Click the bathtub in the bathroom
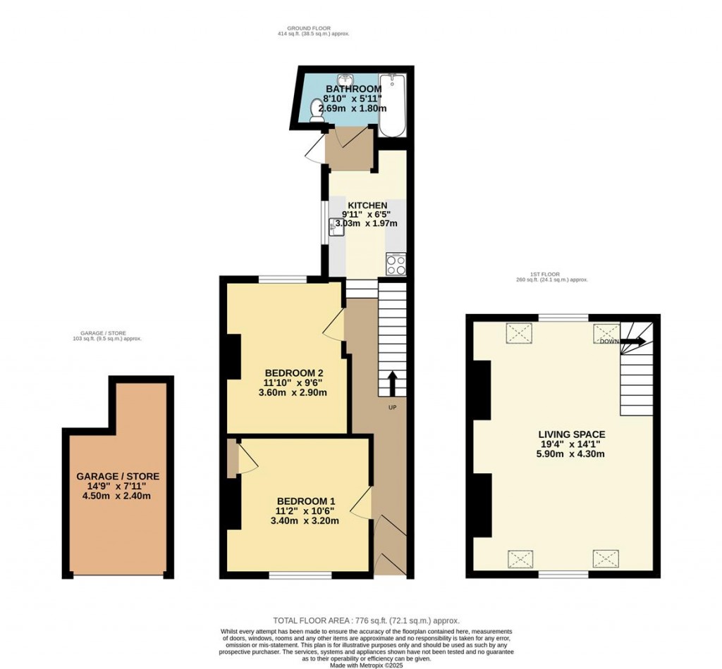[x=392, y=106]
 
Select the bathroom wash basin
[x=345, y=80]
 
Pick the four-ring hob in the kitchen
[x=396, y=264]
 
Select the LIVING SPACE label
[x=572, y=434]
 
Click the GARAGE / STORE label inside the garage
[x=118, y=477]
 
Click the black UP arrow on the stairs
[x=392, y=384]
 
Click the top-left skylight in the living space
[x=520, y=333]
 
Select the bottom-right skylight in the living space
[x=606, y=558]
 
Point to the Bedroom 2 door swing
[x=335, y=325]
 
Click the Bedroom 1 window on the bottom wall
[x=300, y=575]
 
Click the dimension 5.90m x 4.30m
[x=572, y=454]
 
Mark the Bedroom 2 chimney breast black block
[x=232, y=356]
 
